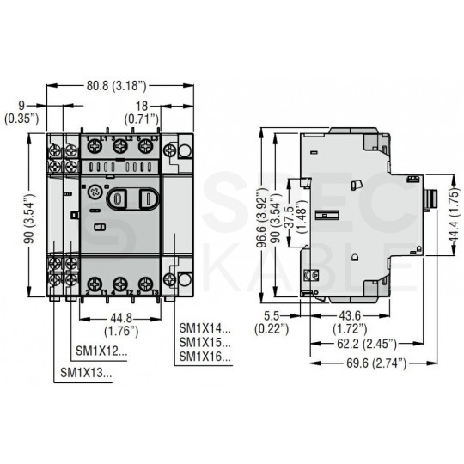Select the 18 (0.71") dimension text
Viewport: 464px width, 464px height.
click(165, 112)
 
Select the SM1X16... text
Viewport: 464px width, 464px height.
click(205, 357)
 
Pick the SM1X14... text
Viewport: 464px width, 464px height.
click(205, 327)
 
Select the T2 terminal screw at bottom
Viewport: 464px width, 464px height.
click(119, 283)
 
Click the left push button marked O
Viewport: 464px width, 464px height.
click(121, 198)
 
